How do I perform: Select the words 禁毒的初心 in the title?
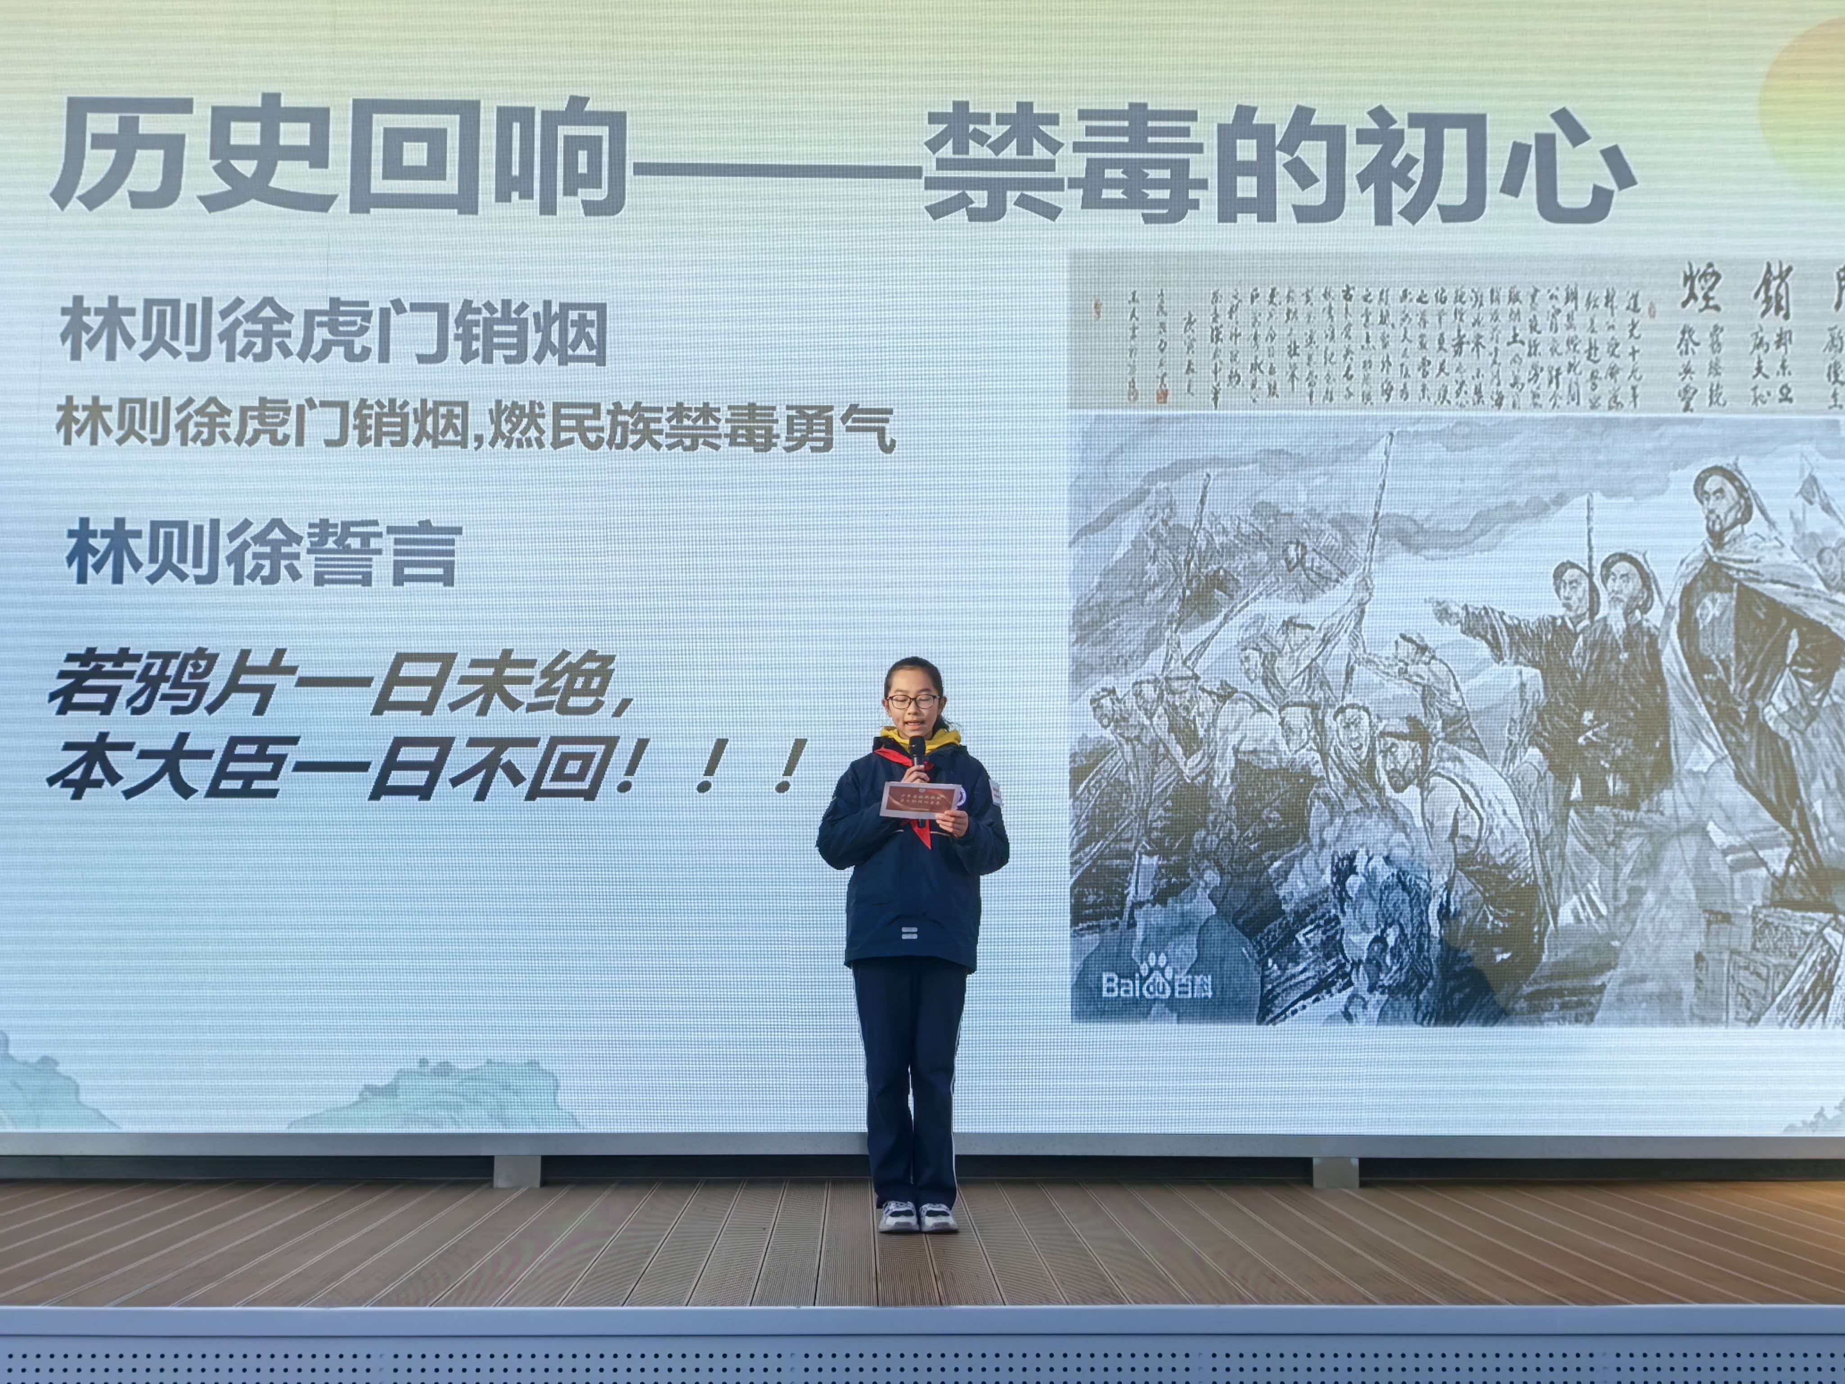[1276, 167]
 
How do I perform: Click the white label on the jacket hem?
[912, 933]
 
